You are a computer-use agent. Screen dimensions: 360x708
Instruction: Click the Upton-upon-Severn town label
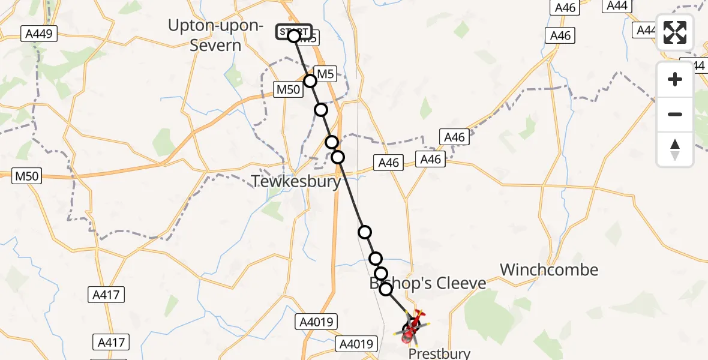click(215, 35)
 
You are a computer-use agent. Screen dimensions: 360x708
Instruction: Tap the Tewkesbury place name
click(296, 181)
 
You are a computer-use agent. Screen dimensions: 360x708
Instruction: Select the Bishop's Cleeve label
click(427, 282)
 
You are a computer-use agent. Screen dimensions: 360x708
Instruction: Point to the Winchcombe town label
click(549, 269)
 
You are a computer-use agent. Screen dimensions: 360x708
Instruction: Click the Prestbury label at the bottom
click(439, 354)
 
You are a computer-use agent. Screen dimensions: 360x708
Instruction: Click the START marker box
click(293, 32)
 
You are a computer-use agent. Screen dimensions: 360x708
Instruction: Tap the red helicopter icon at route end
click(414, 328)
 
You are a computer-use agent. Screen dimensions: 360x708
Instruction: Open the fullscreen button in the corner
click(675, 32)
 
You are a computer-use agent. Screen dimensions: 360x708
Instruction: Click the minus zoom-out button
click(675, 114)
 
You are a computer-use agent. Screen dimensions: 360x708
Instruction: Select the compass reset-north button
click(675, 149)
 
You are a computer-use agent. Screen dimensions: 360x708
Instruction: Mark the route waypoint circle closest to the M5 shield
click(310, 81)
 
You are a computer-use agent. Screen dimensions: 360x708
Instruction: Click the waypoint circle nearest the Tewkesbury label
click(338, 157)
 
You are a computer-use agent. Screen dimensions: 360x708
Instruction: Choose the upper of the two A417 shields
click(107, 295)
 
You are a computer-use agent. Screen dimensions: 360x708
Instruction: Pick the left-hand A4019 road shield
click(317, 322)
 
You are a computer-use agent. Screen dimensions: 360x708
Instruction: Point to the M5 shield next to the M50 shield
click(324, 74)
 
